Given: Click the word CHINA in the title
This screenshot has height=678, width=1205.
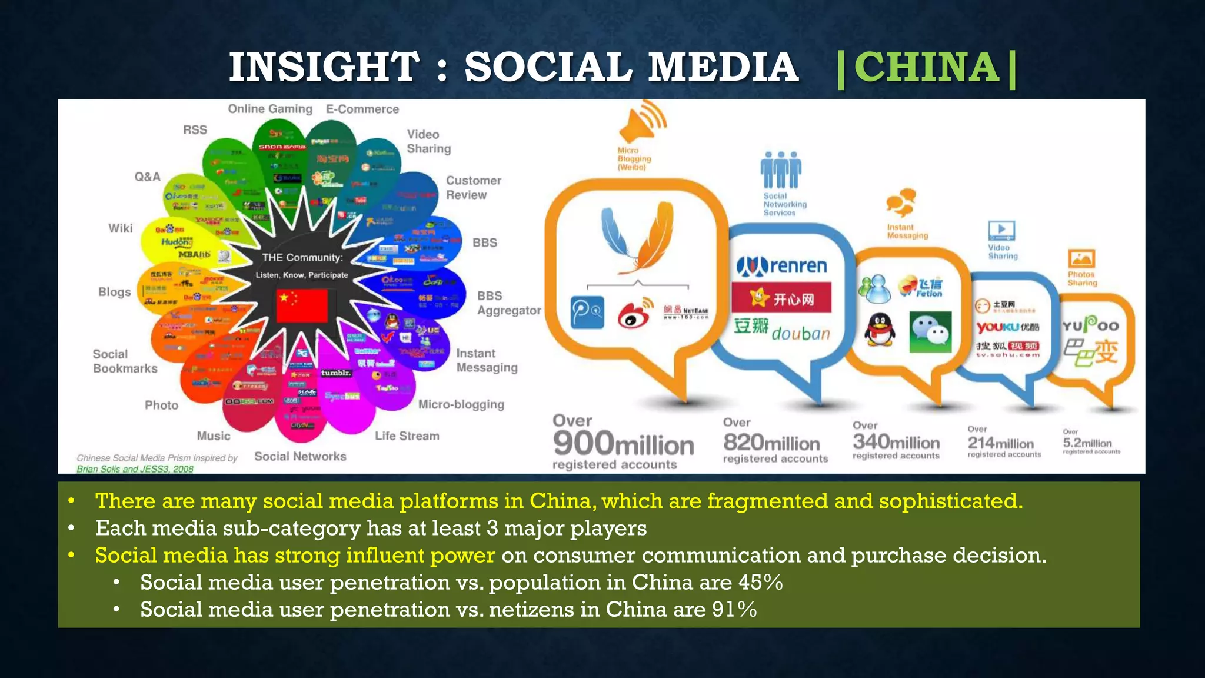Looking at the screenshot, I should pos(927,67).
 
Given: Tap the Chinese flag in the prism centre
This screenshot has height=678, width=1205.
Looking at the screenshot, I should pos(302,305).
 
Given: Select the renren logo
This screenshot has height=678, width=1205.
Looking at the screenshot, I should pos(782,266).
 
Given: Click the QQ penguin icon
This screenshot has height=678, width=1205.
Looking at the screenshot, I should pos(879,331).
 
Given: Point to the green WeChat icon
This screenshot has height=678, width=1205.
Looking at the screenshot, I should pos(930,332).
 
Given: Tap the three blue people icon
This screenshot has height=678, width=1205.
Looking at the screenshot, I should pos(780,169).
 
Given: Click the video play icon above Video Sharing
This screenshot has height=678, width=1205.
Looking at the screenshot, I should pos(1001,230).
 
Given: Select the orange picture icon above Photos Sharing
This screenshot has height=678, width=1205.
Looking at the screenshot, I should pos(1081,259).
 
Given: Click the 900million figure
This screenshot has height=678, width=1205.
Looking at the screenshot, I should pos(623,444).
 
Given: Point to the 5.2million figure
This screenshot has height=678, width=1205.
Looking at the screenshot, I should pos(1087,443).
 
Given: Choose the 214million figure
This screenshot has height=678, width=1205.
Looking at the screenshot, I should pos(1000,443).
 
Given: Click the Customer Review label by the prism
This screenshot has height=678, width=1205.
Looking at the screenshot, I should pos(473,188).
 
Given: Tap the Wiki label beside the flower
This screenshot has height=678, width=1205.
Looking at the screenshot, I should pos(121,228).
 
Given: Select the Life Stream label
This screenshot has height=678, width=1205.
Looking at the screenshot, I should pos(407,436).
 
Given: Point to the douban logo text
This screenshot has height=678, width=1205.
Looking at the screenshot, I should pos(800,334).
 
